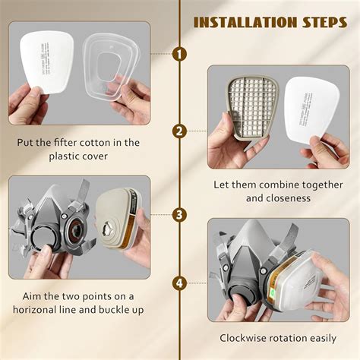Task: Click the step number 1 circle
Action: click(x=179, y=54)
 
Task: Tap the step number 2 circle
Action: click(x=179, y=131)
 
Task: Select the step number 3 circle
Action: click(x=179, y=215)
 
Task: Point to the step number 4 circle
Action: click(x=179, y=283)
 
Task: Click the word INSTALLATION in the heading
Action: click(x=245, y=22)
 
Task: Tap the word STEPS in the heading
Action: click(x=325, y=22)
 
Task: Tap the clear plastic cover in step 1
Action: click(x=112, y=67)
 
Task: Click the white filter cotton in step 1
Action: click(x=47, y=62)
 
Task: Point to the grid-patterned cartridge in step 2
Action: click(x=252, y=109)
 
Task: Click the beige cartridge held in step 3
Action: click(x=118, y=218)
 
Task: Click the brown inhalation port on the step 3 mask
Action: click(x=76, y=229)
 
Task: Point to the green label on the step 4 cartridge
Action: click(x=273, y=294)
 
